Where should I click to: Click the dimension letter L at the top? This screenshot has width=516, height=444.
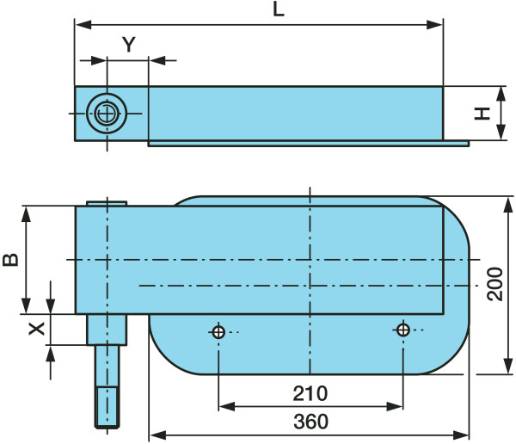click(x=279, y=9)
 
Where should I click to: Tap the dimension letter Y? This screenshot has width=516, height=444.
click(x=129, y=45)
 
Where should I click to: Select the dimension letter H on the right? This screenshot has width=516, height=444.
click(x=482, y=114)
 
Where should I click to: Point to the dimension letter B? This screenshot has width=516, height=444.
click(x=10, y=259)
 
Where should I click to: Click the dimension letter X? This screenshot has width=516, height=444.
click(x=36, y=329)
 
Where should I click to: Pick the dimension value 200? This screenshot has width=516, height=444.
click(x=495, y=284)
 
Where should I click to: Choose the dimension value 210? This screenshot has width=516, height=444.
click(x=310, y=393)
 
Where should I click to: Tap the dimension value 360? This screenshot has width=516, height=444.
click(x=310, y=422)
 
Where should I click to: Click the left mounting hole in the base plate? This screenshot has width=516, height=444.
click(x=218, y=332)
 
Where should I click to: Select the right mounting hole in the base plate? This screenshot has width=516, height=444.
click(x=403, y=330)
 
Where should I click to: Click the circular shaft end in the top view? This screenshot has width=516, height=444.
click(x=107, y=114)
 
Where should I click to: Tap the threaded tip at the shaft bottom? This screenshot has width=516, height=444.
click(x=107, y=408)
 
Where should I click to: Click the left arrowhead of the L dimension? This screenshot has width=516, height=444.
click(x=83, y=24)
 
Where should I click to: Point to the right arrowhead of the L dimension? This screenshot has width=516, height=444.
click(x=434, y=24)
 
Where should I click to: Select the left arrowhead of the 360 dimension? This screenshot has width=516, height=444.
click(x=157, y=435)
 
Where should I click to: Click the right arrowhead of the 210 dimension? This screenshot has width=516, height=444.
click(x=395, y=406)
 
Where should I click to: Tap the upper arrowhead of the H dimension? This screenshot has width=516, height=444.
click(x=501, y=94)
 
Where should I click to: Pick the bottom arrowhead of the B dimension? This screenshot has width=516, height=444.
click(x=26, y=306)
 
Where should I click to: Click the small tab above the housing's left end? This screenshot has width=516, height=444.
click(x=107, y=203)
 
